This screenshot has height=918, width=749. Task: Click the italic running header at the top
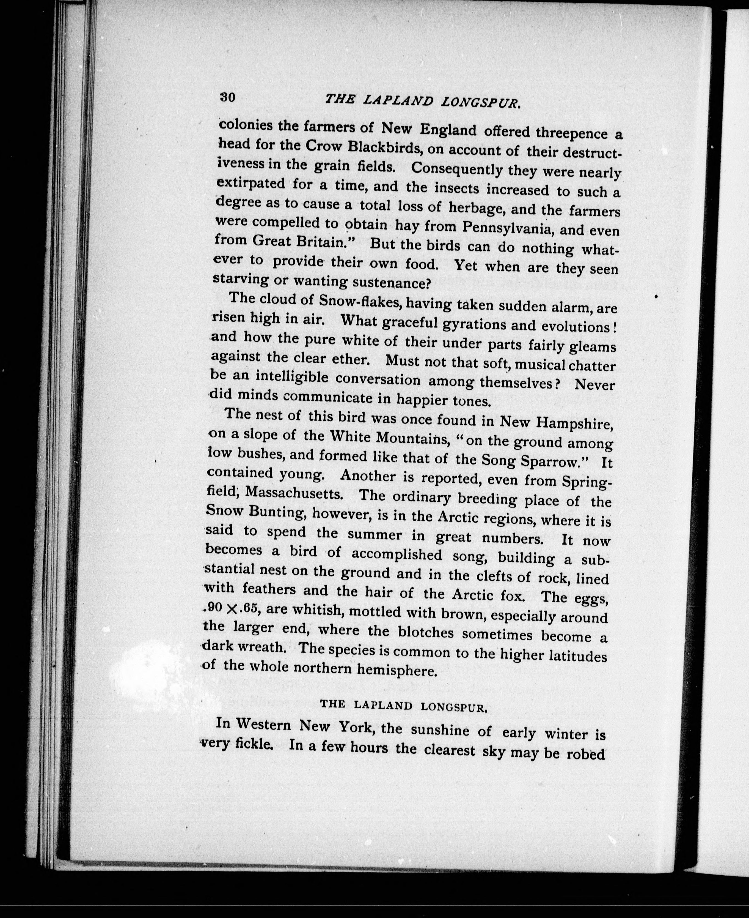tap(423, 101)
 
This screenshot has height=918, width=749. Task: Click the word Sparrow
tap(552, 461)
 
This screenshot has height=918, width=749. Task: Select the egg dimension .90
tap(214, 608)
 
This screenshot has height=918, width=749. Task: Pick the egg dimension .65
tap(249, 608)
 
